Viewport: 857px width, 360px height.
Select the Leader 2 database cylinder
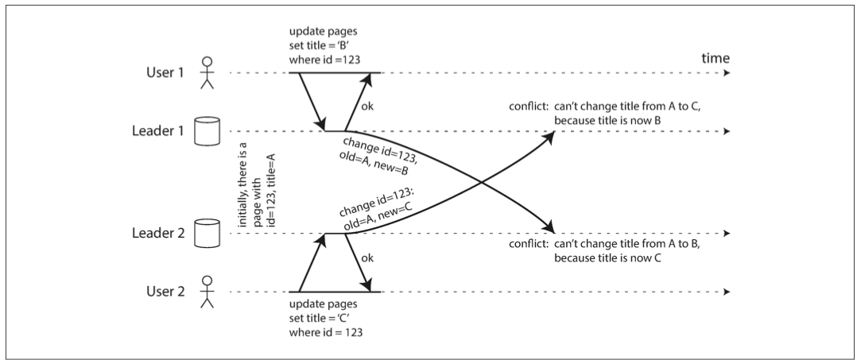[x=207, y=234]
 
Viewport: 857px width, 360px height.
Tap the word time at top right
[x=716, y=58]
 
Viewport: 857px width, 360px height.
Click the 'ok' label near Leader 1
[x=368, y=106]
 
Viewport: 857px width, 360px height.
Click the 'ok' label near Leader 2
[x=368, y=257]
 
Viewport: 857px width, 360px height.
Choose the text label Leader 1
[x=158, y=131]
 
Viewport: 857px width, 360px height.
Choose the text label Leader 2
[x=158, y=234]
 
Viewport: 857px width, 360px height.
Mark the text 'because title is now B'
[x=607, y=122]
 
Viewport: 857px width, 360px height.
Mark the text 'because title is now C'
[x=607, y=258]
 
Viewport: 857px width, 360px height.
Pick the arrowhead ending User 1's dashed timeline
[x=726, y=72]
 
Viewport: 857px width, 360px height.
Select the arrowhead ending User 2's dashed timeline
[x=726, y=292]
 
